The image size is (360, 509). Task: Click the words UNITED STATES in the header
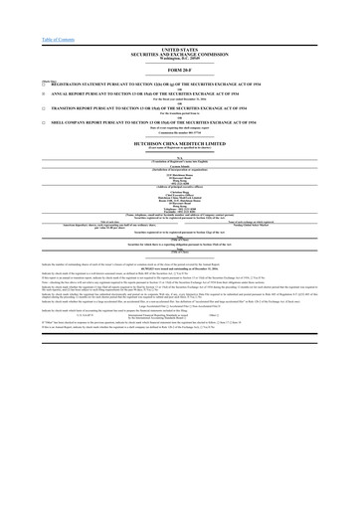pos(179,48)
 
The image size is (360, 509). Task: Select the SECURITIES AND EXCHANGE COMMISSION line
pos(179,52)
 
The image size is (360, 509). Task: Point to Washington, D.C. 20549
pos(179,57)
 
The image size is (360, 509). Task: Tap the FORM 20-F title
pos(179,71)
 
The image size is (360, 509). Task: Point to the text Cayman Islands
pos(179,187)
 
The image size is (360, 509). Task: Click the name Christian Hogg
pos(179,213)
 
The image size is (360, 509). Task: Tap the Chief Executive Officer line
pos(179,217)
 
